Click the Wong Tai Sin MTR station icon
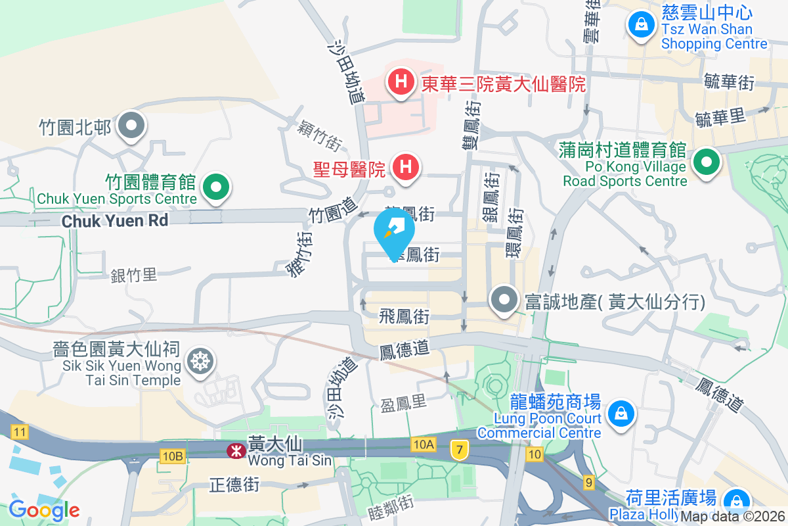point(233,451)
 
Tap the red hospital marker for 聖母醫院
point(406,167)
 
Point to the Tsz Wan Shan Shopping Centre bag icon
point(639,26)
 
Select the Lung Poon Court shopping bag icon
point(619,414)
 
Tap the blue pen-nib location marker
point(394,230)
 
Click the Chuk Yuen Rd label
point(115,221)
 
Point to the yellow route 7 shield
point(460,450)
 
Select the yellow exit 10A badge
point(424,445)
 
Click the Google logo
point(44,510)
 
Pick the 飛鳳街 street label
point(404,317)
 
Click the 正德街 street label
point(234,485)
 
